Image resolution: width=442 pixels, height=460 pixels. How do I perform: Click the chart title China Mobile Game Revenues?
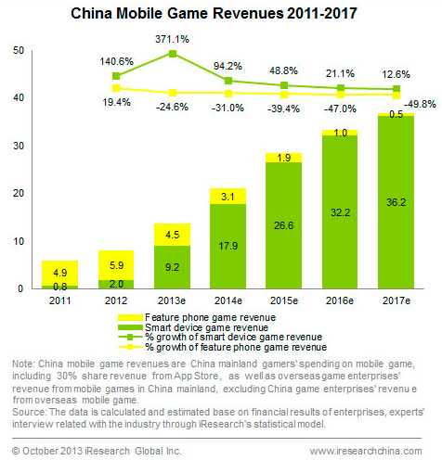[x=220, y=16]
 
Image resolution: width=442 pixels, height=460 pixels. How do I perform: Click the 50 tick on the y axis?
[x=19, y=51]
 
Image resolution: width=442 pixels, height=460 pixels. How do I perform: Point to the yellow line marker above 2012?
[x=116, y=88]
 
